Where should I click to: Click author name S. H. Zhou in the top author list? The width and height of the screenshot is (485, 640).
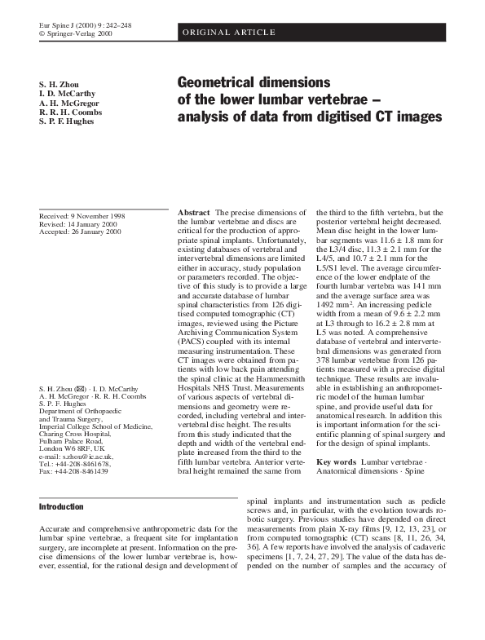[58, 85]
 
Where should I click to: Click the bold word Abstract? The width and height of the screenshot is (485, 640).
[194, 212]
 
